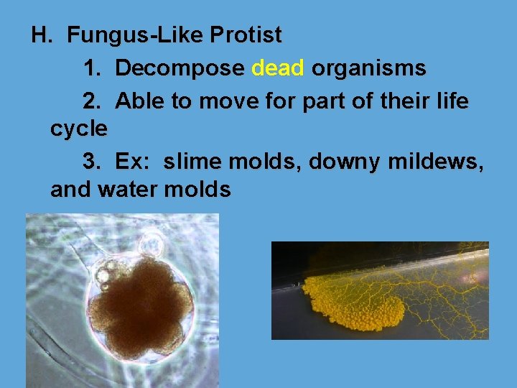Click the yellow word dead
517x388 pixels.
coord(279,69)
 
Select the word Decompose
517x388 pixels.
coord(180,69)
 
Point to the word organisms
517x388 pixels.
coord(369,69)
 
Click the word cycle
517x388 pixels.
coord(79,129)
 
